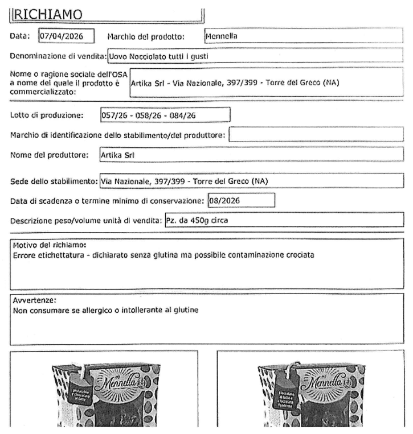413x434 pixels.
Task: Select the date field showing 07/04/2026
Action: tap(66, 36)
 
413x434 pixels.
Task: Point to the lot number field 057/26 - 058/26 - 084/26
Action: tap(165, 114)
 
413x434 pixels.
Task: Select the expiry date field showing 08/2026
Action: tap(239, 200)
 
